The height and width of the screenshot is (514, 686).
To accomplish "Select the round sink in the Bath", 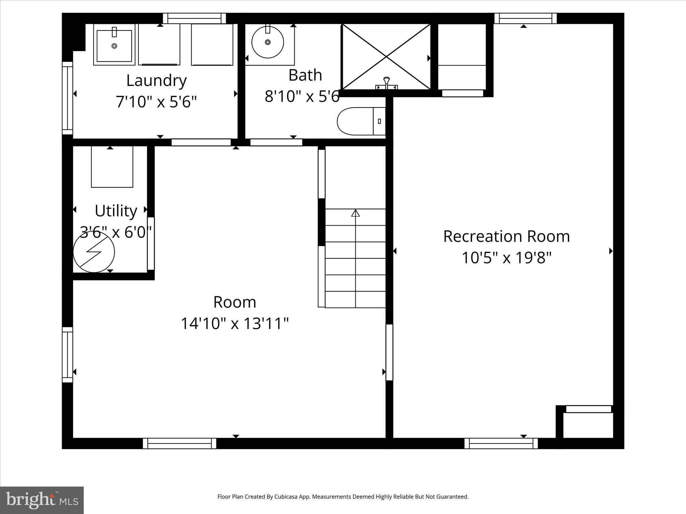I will click(268, 42).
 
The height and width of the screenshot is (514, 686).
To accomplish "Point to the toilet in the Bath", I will click(360, 121).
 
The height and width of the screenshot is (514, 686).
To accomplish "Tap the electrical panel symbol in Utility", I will click(94, 252).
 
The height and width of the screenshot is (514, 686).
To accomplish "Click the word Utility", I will click(116, 211).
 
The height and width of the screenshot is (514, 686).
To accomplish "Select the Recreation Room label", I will click(506, 236).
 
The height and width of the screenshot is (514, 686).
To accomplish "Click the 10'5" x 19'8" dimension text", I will click(506, 258).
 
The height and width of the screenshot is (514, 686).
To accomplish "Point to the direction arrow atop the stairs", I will click(355, 213).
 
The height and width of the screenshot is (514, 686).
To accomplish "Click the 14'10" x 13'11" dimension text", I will click(234, 324).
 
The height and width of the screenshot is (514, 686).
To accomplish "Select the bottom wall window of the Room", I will click(180, 443).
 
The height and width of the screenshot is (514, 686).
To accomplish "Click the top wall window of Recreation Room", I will click(525, 18).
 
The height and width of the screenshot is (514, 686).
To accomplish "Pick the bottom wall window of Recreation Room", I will click(501, 443).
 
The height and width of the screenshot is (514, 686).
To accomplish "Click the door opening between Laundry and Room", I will click(201, 142).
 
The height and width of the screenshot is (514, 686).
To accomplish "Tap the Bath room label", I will click(305, 75).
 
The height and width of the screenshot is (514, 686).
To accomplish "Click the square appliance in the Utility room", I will click(112, 167).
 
